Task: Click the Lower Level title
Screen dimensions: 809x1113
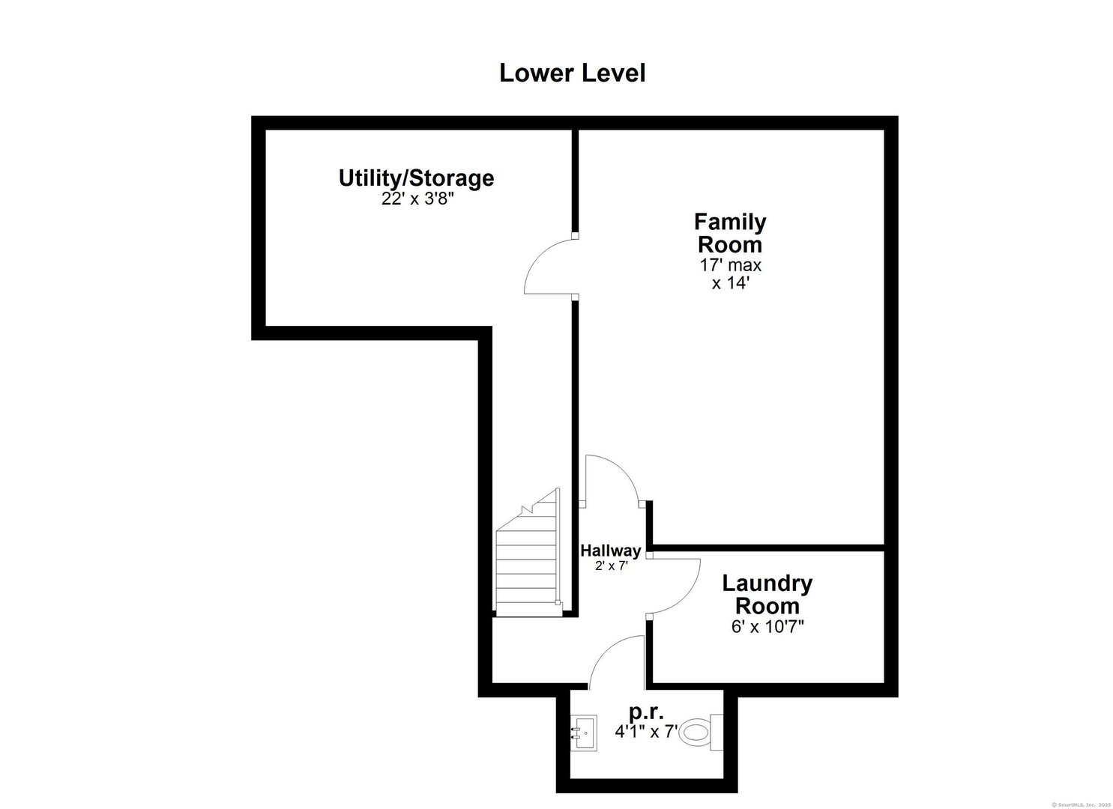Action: pos(572,73)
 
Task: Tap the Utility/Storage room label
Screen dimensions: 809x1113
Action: pos(416,178)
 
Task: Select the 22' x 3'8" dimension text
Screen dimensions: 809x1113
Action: pos(417,200)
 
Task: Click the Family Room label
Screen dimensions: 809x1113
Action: pos(730,233)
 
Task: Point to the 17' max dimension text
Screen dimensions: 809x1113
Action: pos(730,264)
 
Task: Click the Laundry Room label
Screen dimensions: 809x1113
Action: pos(767,594)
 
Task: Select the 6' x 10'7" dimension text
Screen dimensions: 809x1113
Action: pos(767,626)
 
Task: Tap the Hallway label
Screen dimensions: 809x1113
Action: pos(611,551)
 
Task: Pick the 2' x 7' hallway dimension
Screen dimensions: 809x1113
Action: pos(611,566)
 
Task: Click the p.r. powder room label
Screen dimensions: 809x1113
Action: pos(646,711)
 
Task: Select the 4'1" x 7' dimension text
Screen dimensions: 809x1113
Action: pos(646,731)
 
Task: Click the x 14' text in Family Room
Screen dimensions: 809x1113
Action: pos(730,284)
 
